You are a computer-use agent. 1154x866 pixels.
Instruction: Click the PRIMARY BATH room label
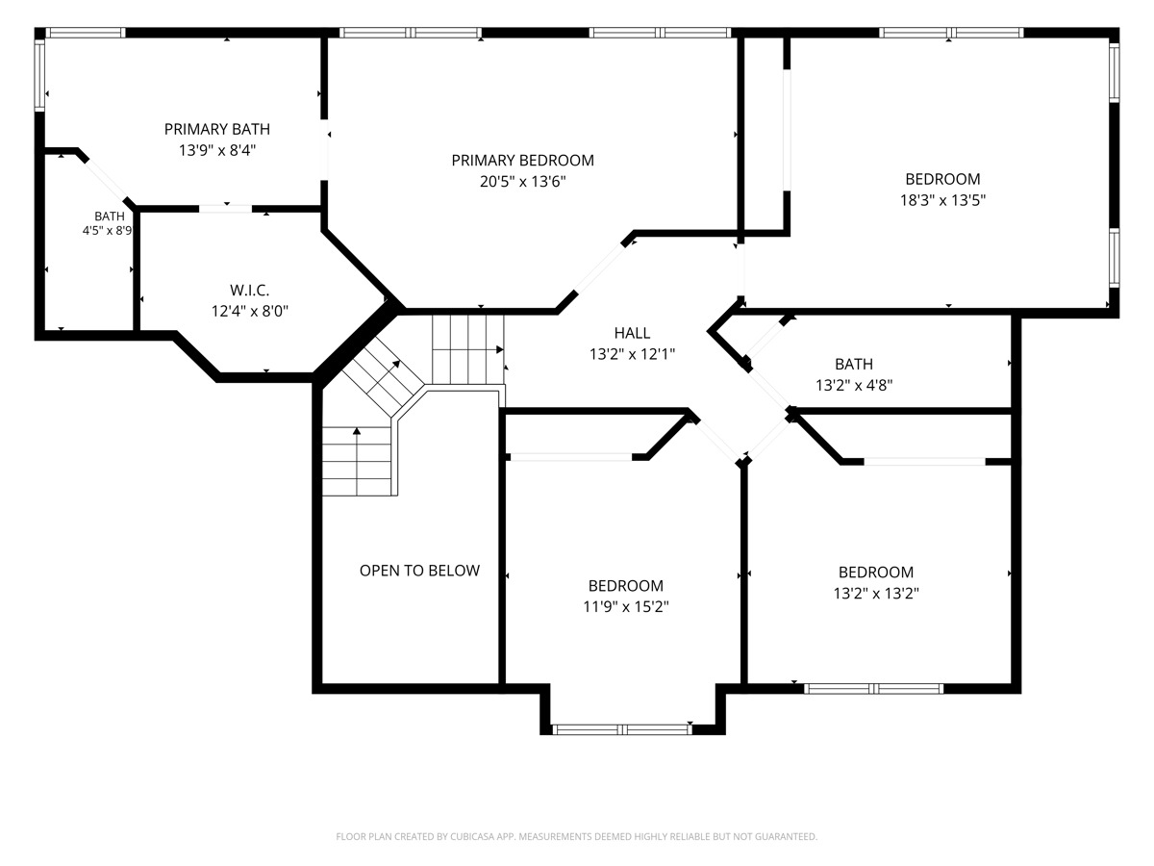tap(216, 129)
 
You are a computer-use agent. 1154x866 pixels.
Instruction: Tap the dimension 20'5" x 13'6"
tap(522, 182)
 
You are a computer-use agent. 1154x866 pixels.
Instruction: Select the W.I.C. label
tap(250, 290)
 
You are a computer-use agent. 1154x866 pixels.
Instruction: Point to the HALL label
tap(632, 333)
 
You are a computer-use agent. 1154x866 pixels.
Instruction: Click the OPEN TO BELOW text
tap(419, 571)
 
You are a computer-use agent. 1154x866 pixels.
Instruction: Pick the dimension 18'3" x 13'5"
tap(942, 200)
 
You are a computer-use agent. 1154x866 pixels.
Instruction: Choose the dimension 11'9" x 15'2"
tap(626, 607)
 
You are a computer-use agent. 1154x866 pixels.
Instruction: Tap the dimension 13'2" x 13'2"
tap(876, 593)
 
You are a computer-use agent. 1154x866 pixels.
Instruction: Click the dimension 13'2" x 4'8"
tap(854, 386)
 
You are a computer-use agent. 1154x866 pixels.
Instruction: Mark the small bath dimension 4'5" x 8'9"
tap(108, 230)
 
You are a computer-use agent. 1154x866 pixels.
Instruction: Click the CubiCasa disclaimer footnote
tap(576, 836)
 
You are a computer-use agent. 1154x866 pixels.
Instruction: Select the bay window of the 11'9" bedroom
tap(622, 729)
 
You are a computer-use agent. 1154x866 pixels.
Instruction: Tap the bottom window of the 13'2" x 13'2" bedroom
tap(874, 688)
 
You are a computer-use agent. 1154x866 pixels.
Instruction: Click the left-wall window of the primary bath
tap(39, 76)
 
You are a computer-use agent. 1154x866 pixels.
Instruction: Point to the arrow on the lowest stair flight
tap(357, 461)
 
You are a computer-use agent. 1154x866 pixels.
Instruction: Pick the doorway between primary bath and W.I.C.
tap(226, 209)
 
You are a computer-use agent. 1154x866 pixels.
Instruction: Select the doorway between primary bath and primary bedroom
tap(324, 150)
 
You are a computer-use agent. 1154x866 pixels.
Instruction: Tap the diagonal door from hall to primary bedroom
tap(600, 267)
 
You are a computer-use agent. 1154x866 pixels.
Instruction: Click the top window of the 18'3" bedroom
tap(952, 33)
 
